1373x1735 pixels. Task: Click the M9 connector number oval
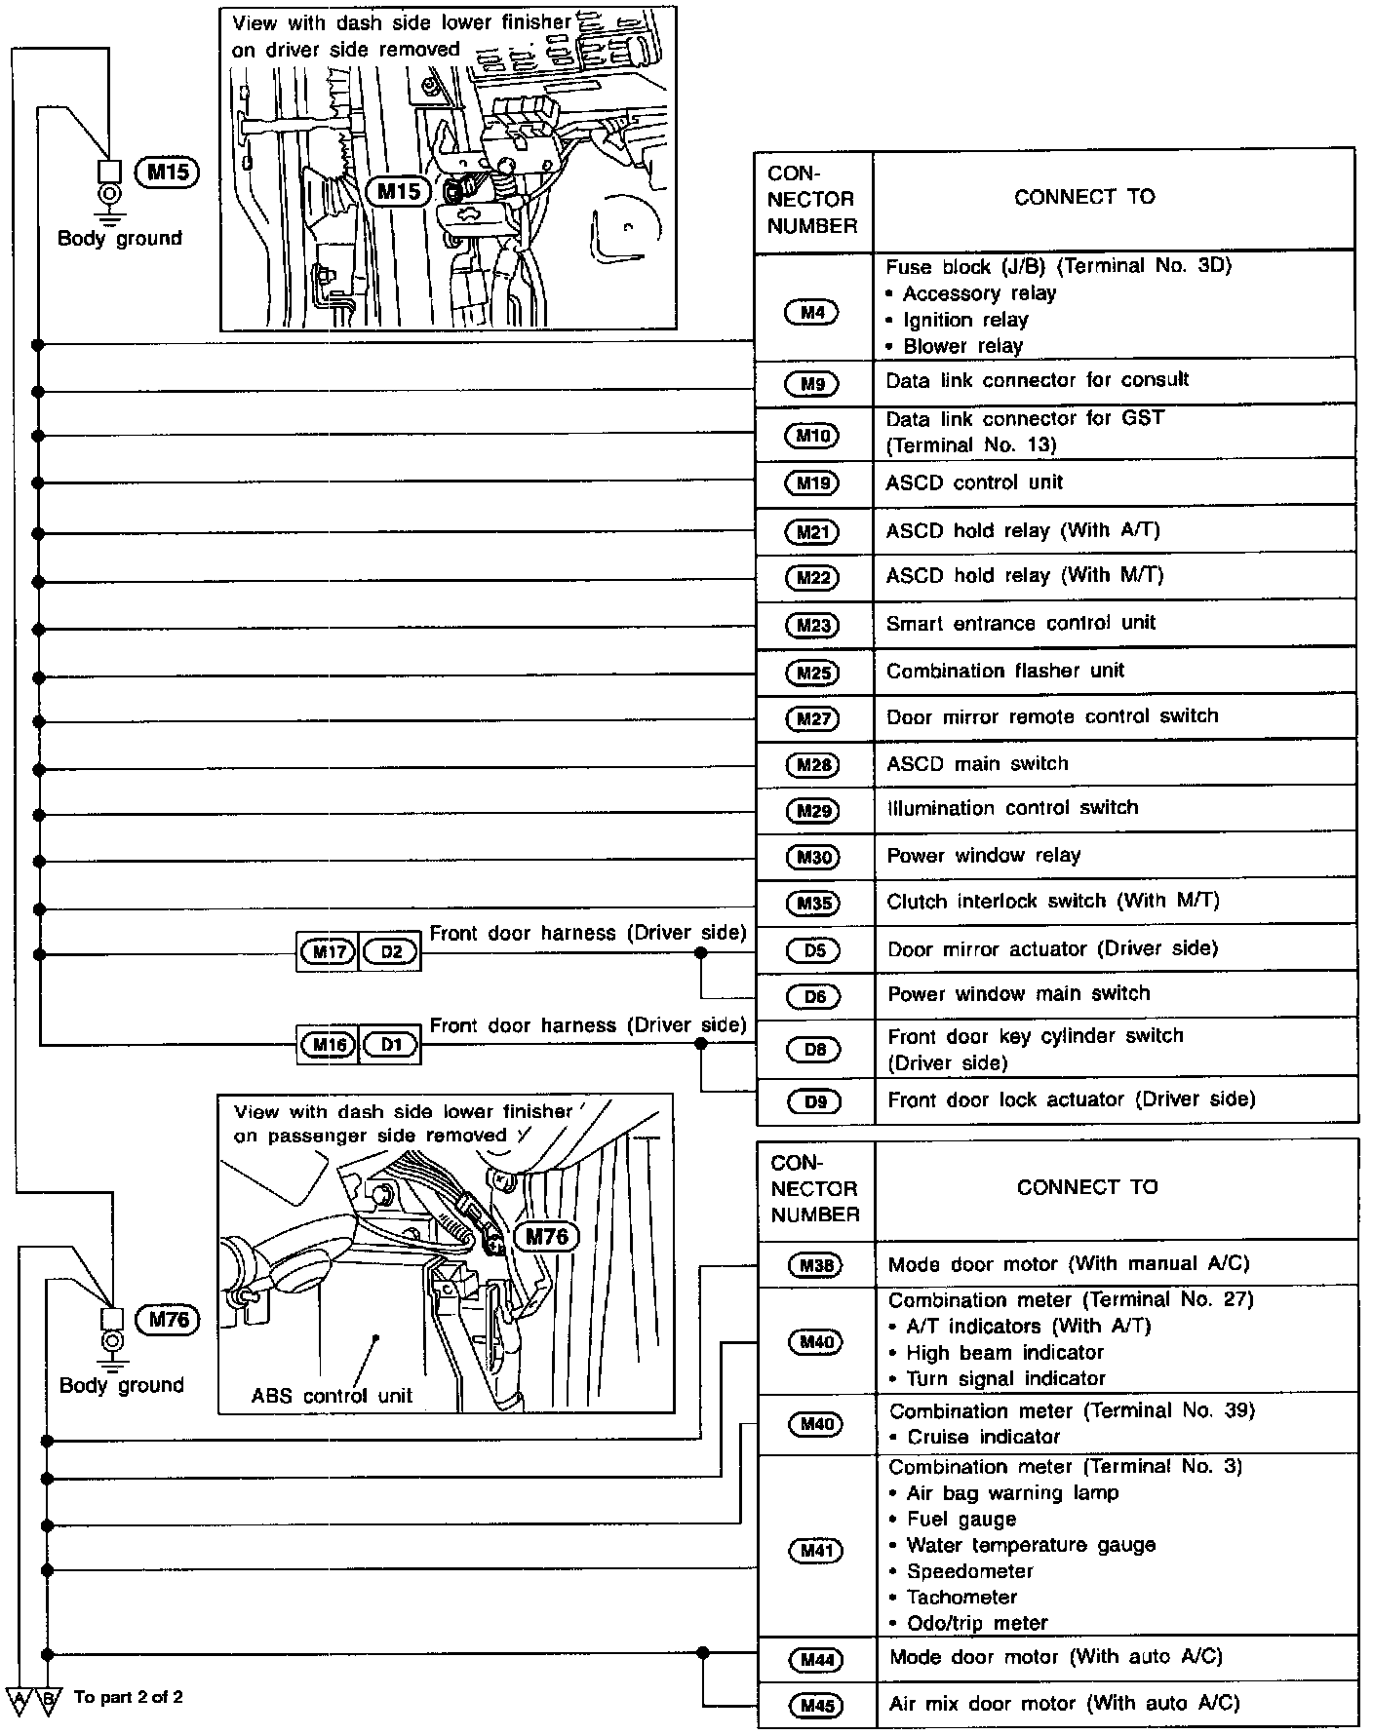[812, 384]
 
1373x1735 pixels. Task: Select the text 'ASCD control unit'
[974, 482]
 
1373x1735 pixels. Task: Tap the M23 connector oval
[812, 625]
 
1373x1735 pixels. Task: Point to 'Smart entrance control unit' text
[1020, 623]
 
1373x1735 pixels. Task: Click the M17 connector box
[329, 951]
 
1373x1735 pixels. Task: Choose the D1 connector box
[391, 1045]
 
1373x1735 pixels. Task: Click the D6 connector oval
[814, 996]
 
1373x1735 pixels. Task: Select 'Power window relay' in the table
[983, 856]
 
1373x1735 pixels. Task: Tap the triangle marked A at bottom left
[19, 1699]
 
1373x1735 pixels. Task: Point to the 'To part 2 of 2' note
[128, 1697]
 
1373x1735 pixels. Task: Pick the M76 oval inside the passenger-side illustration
[546, 1237]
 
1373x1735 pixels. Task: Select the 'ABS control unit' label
[332, 1396]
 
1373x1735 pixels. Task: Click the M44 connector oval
[816, 1660]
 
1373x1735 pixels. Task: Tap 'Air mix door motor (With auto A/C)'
[1064, 1704]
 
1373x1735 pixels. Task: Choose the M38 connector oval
[816, 1265]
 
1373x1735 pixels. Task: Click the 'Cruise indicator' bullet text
[983, 1437]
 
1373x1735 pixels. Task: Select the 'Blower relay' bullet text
[962, 346]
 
